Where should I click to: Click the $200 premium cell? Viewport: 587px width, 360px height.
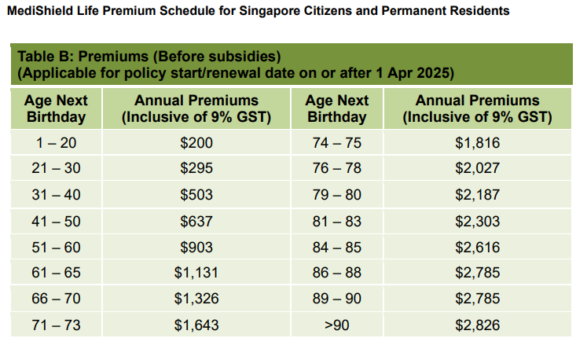[196, 143]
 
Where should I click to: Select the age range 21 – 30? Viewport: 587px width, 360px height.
[56, 169]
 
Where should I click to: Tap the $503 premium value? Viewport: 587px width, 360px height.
[196, 195]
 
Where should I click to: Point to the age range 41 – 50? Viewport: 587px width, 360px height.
[56, 221]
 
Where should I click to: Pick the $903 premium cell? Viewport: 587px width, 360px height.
[196, 247]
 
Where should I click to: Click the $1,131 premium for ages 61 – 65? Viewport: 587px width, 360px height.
[196, 273]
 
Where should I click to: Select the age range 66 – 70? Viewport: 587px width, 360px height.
[56, 299]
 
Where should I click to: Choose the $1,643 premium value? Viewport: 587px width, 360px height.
[196, 325]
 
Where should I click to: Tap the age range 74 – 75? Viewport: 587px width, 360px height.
[336, 143]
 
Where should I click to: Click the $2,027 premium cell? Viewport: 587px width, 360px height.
[477, 169]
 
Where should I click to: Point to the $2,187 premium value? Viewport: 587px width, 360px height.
[477, 195]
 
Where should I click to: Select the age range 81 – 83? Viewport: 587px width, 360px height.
[336, 221]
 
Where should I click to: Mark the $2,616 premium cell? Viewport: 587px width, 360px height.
[477, 247]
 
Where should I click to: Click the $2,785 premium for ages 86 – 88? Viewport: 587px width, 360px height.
[477, 273]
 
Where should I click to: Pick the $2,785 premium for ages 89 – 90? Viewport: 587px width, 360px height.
[477, 299]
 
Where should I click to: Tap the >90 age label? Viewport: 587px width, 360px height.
[336, 325]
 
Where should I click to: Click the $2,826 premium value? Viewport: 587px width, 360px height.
[477, 325]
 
